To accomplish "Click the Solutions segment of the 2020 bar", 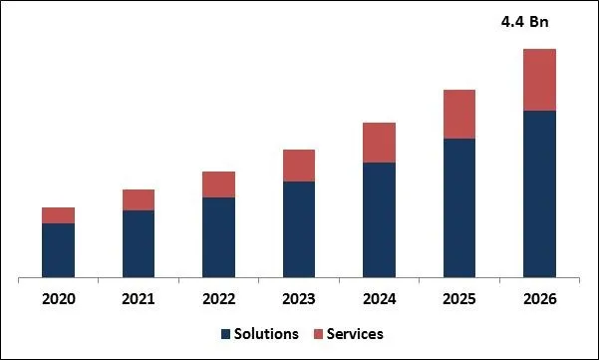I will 58,249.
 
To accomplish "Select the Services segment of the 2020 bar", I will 58,215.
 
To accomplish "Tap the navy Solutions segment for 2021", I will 139,243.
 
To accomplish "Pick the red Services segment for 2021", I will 139,199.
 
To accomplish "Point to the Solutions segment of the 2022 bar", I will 218,236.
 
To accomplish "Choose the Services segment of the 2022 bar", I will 218,184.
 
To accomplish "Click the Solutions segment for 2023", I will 299,228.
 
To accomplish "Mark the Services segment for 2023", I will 299,166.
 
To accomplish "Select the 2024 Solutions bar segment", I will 379,219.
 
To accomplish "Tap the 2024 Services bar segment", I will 379,143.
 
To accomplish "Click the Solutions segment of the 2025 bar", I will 459,207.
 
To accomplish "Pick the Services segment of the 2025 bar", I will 459,114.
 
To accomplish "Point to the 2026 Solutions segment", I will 539,193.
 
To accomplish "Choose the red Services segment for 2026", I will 539,79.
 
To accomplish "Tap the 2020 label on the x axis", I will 58,298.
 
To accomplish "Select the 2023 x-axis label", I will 299,298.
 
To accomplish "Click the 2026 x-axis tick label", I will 539,298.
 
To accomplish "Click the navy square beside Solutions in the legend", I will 225,334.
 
